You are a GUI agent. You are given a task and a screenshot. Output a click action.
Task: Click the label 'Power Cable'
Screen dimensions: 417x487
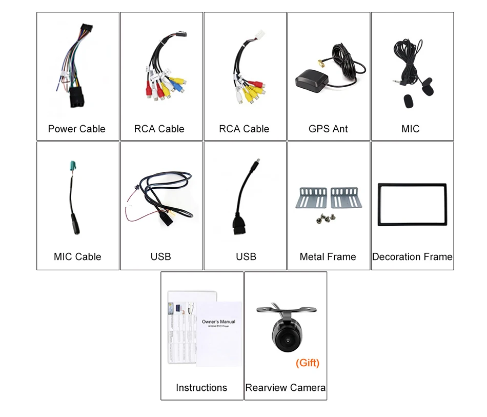[76, 129]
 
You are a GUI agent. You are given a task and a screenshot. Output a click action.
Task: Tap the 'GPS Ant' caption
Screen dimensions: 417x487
[328, 129]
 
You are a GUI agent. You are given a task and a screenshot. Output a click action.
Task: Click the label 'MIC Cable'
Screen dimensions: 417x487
[77, 256]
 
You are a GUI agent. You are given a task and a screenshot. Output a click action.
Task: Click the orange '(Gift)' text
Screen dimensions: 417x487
[308, 363]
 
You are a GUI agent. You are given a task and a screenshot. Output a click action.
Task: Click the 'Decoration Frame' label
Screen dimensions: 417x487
[412, 256]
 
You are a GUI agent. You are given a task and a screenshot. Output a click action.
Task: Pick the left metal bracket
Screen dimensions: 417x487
[312, 197]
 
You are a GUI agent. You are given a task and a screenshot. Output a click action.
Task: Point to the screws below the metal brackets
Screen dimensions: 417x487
[327, 217]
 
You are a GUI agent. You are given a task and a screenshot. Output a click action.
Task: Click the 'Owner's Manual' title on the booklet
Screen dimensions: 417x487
[218, 322]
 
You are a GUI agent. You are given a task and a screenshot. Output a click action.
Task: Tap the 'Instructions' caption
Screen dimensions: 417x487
[201, 387]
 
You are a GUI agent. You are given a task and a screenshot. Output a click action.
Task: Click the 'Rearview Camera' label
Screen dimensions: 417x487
[286, 387]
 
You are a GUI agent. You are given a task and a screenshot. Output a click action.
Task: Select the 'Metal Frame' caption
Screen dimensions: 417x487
[328, 256]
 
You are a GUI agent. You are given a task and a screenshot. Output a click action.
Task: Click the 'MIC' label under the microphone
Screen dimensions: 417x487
[410, 129]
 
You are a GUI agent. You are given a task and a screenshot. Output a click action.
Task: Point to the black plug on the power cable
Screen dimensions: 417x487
[76, 97]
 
